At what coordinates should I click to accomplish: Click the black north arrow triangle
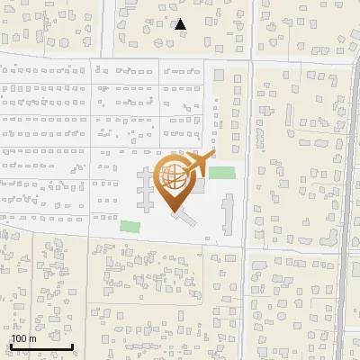pyautogui.click(x=180, y=24)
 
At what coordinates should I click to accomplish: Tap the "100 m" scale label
pyautogui.click(x=22, y=338)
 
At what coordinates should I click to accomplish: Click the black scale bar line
pyautogui.click(x=41, y=346)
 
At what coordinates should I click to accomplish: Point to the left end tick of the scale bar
pyautogui.click(x=11, y=345)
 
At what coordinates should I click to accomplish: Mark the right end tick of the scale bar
pyautogui.click(x=72, y=345)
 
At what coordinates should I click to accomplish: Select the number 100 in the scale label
pyautogui.click(x=19, y=338)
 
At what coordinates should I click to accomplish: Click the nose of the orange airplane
pyautogui.click(x=211, y=155)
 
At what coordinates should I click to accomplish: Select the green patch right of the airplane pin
pyautogui.click(x=221, y=173)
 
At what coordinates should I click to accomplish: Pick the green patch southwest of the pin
pyautogui.click(x=131, y=227)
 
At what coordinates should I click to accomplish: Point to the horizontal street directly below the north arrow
pyautogui.click(x=180, y=56)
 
